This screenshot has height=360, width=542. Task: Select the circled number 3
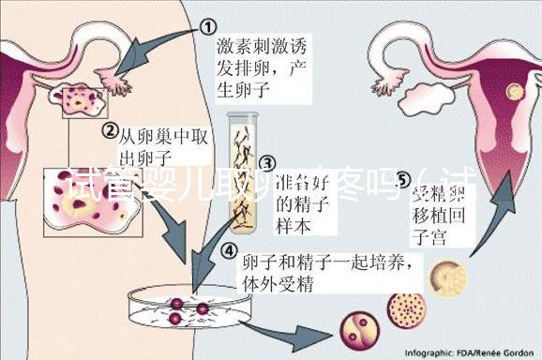pyautogui.click(x=265, y=164)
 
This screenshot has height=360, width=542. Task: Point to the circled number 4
pyautogui.click(x=229, y=250)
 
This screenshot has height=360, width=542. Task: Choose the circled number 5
pyautogui.click(x=403, y=176)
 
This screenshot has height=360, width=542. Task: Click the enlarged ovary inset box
pyautogui.click(x=95, y=202)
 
